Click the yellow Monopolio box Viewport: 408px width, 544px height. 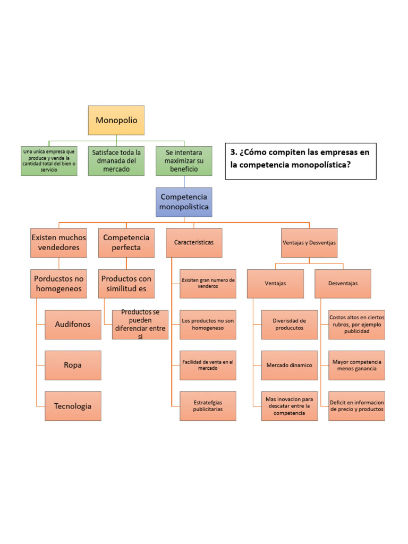tap(116, 120)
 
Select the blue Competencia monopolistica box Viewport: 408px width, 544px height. tap(184, 202)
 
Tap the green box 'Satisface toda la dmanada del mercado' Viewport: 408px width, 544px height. tap(116, 160)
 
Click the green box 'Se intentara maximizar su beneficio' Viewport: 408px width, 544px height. tap(184, 160)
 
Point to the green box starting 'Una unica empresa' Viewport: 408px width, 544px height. tap(49, 160)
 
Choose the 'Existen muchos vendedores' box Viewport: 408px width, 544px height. tap(59, 243)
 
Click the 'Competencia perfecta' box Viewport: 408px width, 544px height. tap(126, 243)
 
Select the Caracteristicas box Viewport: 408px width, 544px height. tap(194, 243)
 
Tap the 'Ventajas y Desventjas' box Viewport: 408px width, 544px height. tap(309, 243)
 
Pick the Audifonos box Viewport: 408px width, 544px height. tap(73, 324)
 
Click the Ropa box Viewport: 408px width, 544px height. tap(73, 365)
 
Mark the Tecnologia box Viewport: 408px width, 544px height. tap(73, 406)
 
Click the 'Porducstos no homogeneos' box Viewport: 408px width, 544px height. tap(59, 284)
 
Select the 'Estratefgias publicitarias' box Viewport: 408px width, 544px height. tap(208, 406)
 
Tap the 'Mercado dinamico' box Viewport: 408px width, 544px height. tap(290, 365)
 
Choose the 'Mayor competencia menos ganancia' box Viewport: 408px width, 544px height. tap(356, 365)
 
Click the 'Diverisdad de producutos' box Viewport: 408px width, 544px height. tap(290, 324)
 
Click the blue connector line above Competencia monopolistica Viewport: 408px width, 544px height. tap(184, 181)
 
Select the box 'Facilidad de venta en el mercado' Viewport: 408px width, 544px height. tap(208, 365)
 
